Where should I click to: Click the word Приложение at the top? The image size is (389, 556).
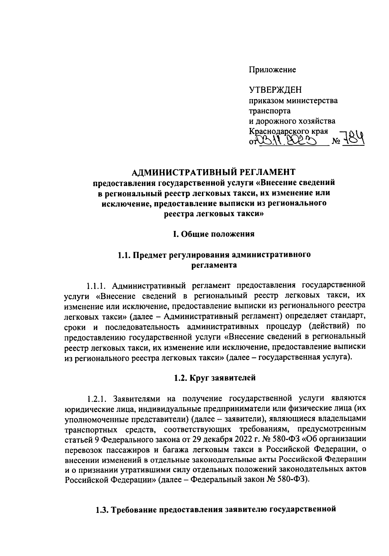point(272,70)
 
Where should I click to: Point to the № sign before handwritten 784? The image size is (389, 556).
point(337,142)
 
